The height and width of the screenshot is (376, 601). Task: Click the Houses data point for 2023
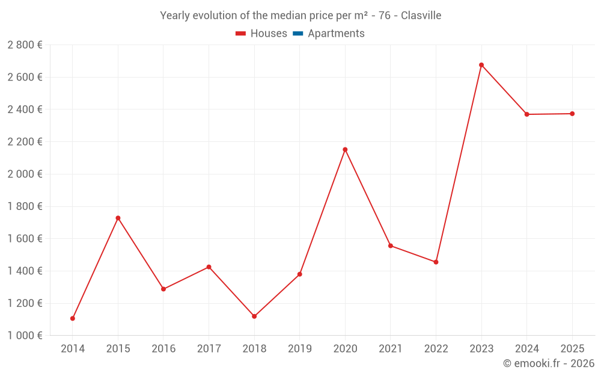pyautogui.click(x=481, y=65)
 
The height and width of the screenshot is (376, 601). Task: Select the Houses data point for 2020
pyautogui.click(x=345, y=150)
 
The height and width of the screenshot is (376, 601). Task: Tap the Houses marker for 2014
pyautogui.click(x=73, y=318)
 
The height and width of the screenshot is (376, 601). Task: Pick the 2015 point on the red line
pyautogui.click(x=118, y=218)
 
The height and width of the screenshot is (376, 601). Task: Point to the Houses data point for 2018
pyautogui.click(x=254, y=316)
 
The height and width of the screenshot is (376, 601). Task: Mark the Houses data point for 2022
pyautogui.click(x=436, y=262)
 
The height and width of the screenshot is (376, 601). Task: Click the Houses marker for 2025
pyautogui.click(x=572, y=114)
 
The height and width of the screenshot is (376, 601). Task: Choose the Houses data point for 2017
pyautogui.click(x=209, y=267)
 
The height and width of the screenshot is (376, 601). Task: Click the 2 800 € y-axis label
pyautogui.click(x=25, y=45)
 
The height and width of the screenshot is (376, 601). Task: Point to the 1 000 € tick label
pyautogui.click(x=25, y=336)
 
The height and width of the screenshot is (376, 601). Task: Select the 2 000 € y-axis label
pyautogui.click(x=25, y=174)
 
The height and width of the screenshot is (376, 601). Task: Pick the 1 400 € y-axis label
pyautogui.click(x=25, y=271)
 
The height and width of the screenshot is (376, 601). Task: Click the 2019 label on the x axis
pyautogui.click(x=299, y=348)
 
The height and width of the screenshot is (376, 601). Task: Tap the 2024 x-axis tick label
pyautogui.click(x=526, y=348)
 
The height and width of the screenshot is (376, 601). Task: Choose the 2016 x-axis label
pyautogui.click(x=163, y=348)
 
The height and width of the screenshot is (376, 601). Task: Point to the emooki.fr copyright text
pyautogui.click(x=548, y=363)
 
